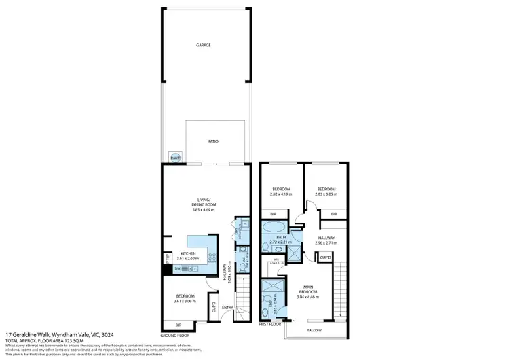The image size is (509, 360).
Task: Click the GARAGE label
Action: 204,45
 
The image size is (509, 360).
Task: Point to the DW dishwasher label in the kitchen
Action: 177,269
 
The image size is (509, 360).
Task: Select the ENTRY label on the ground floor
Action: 227,307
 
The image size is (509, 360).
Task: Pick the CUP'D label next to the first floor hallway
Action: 325,257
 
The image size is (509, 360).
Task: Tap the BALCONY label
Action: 313,331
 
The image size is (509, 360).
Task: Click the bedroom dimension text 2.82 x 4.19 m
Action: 282,194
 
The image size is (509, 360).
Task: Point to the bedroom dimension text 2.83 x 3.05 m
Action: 323,194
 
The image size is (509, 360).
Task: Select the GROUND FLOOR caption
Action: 174,336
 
